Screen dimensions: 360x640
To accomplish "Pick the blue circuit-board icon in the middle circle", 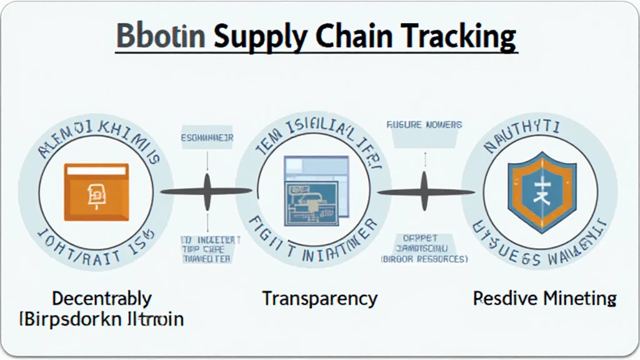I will (x=315, y=191).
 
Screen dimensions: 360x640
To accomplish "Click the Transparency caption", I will (x=319, y=299).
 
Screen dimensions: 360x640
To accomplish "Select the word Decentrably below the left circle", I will (x=101, y=298).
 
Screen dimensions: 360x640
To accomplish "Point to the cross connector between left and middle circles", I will (x=207, y=191).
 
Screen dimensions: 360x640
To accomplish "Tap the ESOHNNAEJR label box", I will (x=207, y=137).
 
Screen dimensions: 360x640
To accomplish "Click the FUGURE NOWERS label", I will (x=424, y=125).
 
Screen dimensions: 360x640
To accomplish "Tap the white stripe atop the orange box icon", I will (x=96, y=171).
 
